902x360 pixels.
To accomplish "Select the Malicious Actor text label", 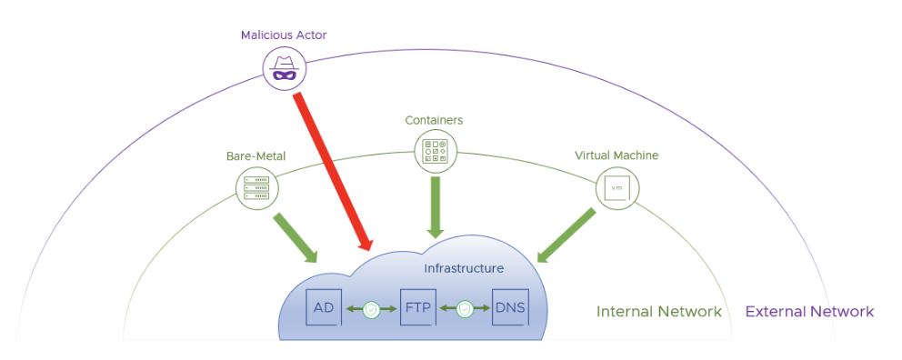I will pos(284,35).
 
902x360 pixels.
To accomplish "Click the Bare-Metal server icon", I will pos(257,187).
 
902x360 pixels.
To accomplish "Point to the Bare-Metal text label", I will pos(256,155).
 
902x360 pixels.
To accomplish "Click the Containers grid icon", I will pos(435,151).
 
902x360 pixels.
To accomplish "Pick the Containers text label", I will pos(434,120).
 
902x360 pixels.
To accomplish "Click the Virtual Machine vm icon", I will pos(616,187).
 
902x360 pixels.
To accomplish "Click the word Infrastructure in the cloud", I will pos(463,268).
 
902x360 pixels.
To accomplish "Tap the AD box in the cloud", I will pos(324,308).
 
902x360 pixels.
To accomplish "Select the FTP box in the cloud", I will pos(418,308).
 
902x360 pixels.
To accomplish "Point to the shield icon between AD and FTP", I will pos(371,309).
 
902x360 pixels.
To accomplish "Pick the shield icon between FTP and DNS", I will pos(465,309).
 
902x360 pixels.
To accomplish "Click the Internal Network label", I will pos(658,312).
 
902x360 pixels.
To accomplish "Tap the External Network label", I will pos(809,312).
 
